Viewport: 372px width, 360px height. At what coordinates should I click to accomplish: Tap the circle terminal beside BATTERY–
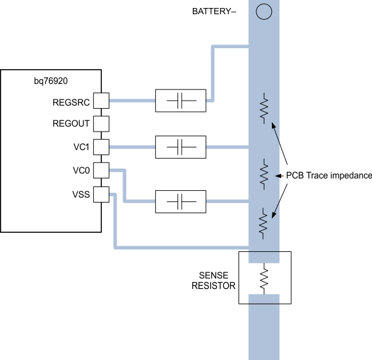click(264, 11)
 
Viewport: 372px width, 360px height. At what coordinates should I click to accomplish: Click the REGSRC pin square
click(101, 100)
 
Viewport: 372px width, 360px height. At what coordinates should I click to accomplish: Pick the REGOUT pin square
click(101, 123)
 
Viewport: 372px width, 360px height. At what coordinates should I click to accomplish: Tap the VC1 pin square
click(101, 147)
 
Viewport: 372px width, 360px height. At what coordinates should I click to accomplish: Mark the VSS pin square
click(101, 194)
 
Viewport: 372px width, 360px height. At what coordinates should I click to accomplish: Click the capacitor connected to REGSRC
click(180, 100)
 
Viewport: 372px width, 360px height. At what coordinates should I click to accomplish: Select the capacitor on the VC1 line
click(180, 147)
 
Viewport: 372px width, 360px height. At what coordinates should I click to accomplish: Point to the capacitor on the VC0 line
click(180, 201)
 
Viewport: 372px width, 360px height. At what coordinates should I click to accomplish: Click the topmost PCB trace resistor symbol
click(264, 108)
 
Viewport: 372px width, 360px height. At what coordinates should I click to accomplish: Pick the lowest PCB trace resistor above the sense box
click(264, 223)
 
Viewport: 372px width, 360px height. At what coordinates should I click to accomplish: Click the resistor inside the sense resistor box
click(264, 278)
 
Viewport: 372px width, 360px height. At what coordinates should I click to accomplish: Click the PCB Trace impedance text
click(329, 176)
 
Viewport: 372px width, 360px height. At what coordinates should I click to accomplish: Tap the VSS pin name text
click(81, 194)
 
